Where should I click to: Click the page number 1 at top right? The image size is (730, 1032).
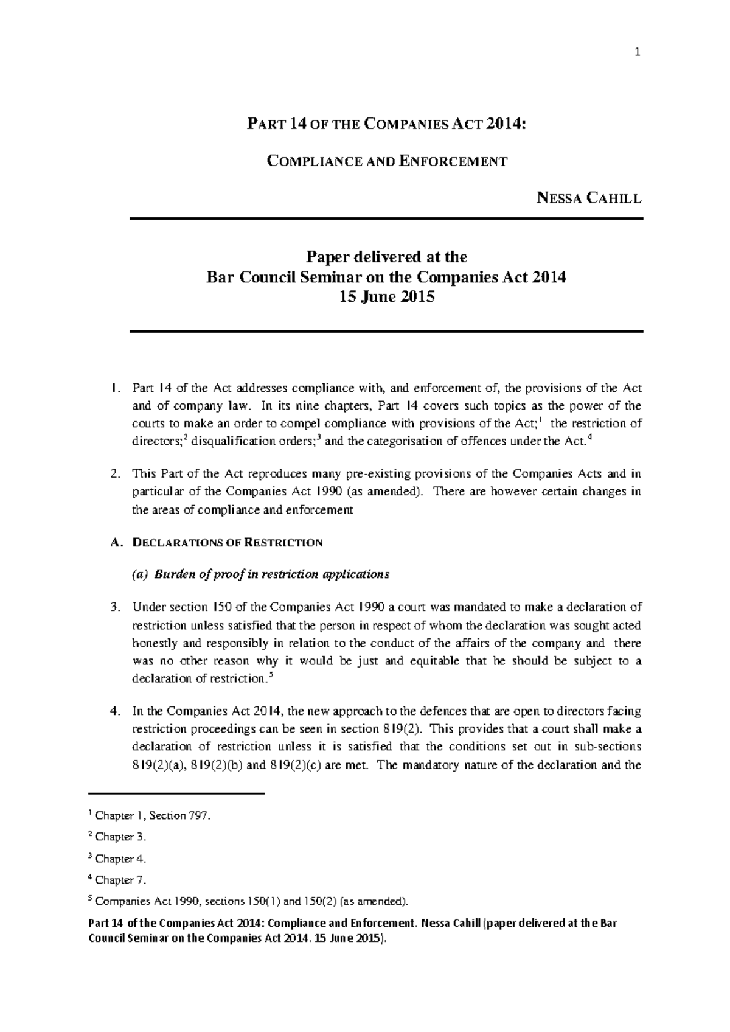click(x=637, y=53)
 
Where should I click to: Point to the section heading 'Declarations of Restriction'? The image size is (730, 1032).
click(x=227, y=542)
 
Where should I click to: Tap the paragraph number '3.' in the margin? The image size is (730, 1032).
click(x=116, y=607)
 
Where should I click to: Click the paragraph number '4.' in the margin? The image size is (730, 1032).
click(x=116, y=711)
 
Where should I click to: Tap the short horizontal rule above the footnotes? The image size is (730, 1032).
click(x=177, y=794)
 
